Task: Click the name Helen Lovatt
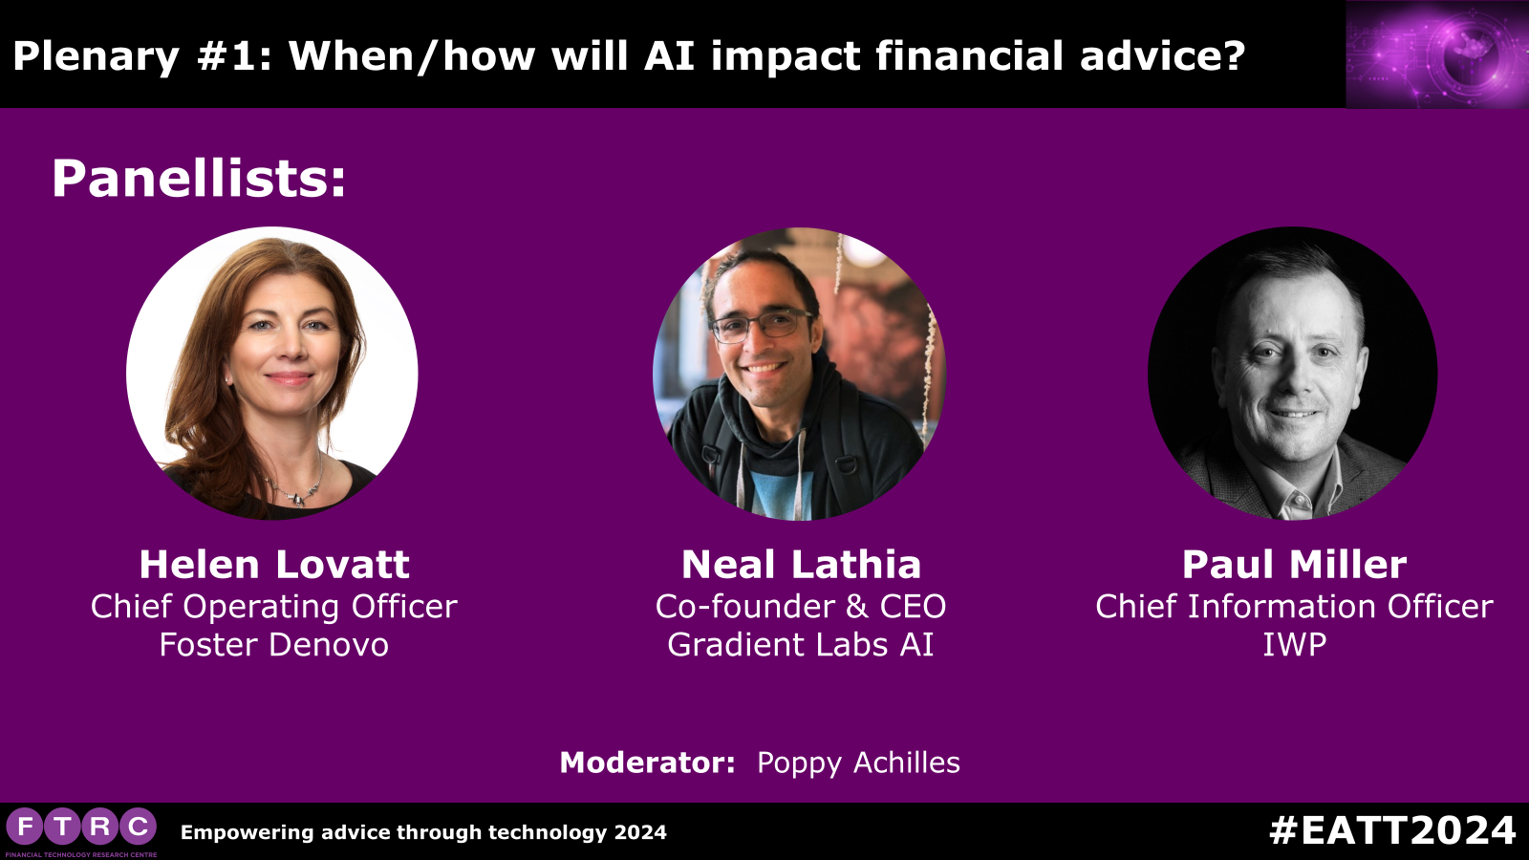coord(274,565)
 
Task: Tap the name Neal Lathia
coord(802,565)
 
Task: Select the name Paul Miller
coord(1294,565)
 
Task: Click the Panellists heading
coord(199,179)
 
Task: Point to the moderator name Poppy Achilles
coord(859,763)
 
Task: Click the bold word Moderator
coord(647,763)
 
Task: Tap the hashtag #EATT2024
coord(1392,830)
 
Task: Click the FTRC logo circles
coord(81,828)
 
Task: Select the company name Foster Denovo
coord(273,644)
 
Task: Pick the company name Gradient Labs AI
coord(801,644)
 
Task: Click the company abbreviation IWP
coord(1294,644)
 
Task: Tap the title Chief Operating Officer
coord(273,606)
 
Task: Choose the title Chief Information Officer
coord(1294,606)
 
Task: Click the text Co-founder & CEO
coord(801,606)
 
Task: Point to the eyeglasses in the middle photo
coord(762,326)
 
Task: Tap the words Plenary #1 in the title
coord(141,56)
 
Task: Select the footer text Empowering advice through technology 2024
coord(423,832)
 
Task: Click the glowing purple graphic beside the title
coord(1437,54)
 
